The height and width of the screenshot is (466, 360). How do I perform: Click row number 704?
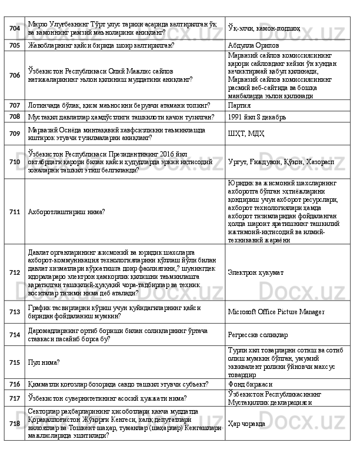15,28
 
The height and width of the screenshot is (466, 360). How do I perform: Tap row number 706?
15,75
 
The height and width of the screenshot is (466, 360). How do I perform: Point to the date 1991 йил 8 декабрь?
257,116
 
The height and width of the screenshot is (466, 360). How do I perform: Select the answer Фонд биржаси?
250,384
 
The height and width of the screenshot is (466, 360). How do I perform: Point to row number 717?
15,398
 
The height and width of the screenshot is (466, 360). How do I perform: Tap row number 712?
15,272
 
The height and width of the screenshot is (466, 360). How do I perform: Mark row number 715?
15,362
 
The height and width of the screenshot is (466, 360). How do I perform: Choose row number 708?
15,116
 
